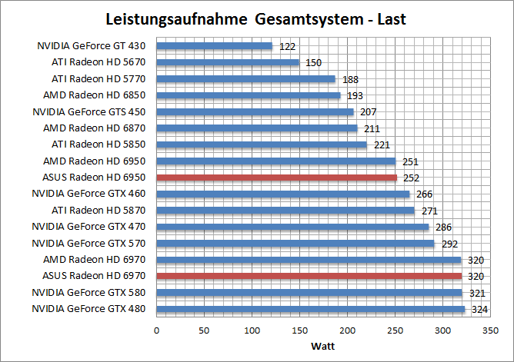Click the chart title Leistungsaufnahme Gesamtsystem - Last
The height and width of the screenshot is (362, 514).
(x=257, y=18)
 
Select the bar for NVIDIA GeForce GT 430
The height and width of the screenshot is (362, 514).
(x=215, y=46)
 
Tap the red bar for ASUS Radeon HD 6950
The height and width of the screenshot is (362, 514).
(x=277, y=178)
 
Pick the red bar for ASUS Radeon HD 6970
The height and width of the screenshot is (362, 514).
(x=309, y=276)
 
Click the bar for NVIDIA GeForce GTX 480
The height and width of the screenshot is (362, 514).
(x=311, y=309)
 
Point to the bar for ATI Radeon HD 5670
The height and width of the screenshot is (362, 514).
(x=228, y=62)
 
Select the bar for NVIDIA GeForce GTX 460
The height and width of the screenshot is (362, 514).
(x=283, y=194)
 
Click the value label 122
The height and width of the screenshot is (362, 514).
(x=288, y=46)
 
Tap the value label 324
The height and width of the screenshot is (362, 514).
(x=480, y=310)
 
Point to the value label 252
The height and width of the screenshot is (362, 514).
(x=412, y=178)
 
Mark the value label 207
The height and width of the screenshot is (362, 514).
(x=368, y=112)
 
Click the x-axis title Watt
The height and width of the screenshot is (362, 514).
(x=322, y=345)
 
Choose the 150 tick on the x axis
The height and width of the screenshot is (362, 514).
(x=299, y=330)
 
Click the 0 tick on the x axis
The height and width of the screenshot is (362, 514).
(x=156, y=330)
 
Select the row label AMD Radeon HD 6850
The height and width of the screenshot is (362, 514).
(x=100, y=95)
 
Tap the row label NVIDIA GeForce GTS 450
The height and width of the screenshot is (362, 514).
(x=95, y=111)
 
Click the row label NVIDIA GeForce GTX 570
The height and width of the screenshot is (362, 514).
(x=95, y=243)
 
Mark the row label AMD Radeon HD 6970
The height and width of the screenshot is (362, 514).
(x=100, y=260)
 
